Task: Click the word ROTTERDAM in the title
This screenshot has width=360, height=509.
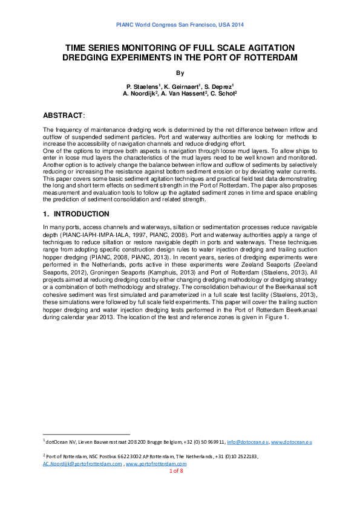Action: point(264,57)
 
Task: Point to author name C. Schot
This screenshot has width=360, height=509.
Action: point(223,94)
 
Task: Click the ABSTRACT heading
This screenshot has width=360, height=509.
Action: point(64,115)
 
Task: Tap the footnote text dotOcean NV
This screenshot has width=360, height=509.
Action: point(62,443)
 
